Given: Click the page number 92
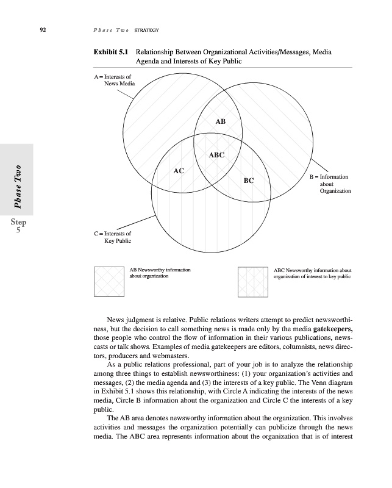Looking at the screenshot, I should [43, 30].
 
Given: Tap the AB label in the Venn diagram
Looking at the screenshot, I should [220, 121].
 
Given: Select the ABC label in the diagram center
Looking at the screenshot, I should [216, 155].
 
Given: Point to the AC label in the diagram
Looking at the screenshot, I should [179, 171].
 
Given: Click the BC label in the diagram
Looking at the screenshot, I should [248, 181].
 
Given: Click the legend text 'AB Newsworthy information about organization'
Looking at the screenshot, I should [160, 272].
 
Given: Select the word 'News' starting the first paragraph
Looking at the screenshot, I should [116, 319].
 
